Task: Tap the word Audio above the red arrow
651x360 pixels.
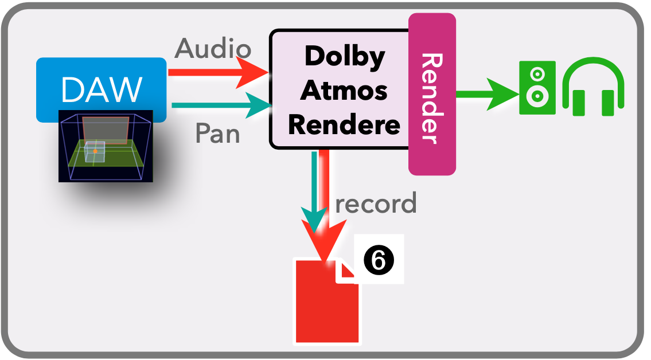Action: (213, 48)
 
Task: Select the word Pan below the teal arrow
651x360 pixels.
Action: (217, 134)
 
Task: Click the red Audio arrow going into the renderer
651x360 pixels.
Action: (218, 73)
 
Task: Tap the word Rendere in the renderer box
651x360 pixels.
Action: (344, 124)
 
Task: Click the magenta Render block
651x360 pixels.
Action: (432, 95)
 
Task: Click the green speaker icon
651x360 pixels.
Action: (537, 87)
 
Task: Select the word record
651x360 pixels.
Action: (376, 204)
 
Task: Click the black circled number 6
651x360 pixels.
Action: (379, 261)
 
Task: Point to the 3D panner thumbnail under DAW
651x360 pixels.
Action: (106, 147)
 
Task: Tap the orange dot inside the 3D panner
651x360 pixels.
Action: (95, 151)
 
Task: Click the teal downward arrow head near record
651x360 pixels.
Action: (314, 221)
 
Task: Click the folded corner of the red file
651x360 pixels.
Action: (346, 271)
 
